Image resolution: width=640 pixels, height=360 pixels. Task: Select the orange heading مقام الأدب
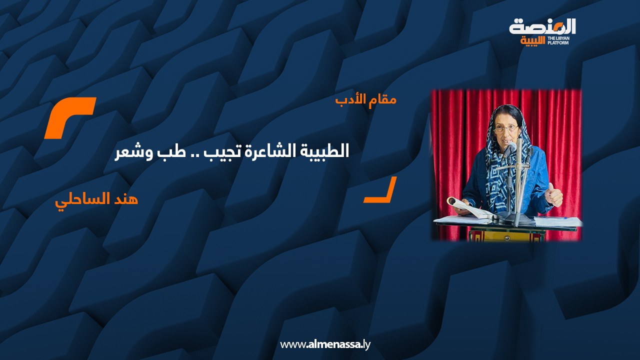click(365, 99)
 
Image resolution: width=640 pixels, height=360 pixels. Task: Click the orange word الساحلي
click(81, 200)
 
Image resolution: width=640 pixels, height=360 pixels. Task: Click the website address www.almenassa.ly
click(325, 344)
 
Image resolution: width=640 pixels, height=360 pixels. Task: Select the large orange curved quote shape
click(70, 117)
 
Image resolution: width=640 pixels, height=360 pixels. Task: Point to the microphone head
click(509, 148)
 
